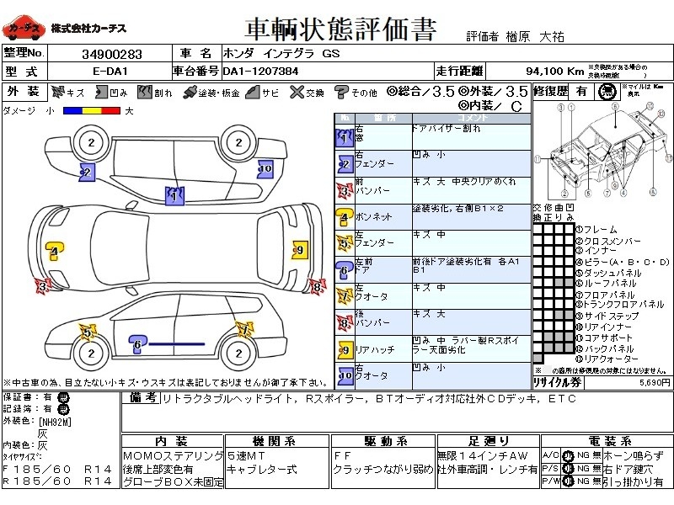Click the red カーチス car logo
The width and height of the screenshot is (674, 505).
[x=24, y=29]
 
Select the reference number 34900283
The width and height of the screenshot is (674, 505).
[x=111, y=54]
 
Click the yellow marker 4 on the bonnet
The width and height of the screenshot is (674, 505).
[x=53, y=251]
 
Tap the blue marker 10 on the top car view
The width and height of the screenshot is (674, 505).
[x=265, y=168]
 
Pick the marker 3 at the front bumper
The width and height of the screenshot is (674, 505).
[x=40, y=286]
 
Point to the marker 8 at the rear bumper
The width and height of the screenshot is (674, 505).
[x=316, y=286]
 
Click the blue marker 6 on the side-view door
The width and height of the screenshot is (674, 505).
[x=136, y=343]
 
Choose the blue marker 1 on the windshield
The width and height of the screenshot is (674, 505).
[x=174, y=196]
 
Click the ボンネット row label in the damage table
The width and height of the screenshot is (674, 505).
[x=374, y=216]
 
